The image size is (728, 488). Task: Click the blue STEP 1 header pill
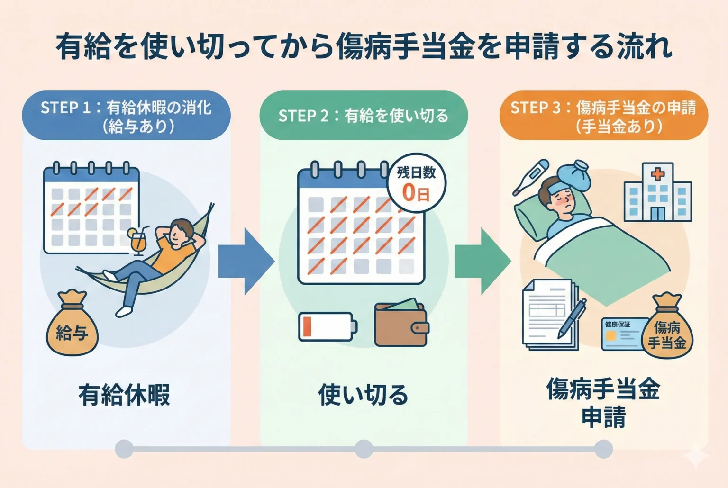pyautogui.click(x=126, y=116)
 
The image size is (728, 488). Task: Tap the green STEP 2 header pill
pyautogui.click(x=363, y=116)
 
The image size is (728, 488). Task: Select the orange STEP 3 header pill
pyautogui.click(x=603, y=116)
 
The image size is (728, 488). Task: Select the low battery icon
pyautogui.click(x=327, y=326)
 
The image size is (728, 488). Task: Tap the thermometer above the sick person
pyautogui.click(x=530, y=177)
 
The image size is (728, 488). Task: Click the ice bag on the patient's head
pyautogui.click(x=573, y=175)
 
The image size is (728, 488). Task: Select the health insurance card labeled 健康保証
pyautogui.click(x=622, y=334)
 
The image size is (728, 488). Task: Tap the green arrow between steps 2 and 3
pyautogui.click(x=482, y=261)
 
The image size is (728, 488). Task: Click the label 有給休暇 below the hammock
pyautogui.click(x=124, y=395)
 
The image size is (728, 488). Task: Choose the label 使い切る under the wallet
pyautogui.click(x=363, y=395)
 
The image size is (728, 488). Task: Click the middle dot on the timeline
pyautogui.click(x=364, y=448)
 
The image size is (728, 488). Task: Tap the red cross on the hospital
pyautogui.click(x=657, y=174)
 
